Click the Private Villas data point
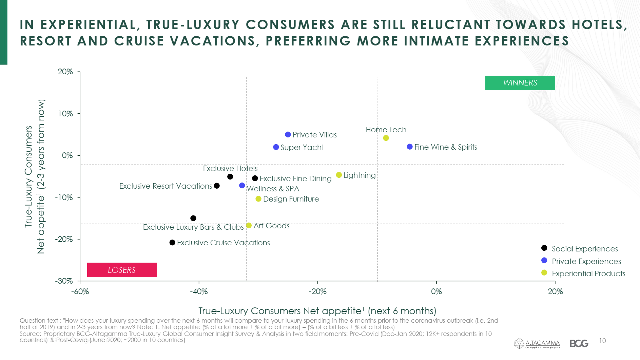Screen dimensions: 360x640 pyautogui.click(x=288, y=135)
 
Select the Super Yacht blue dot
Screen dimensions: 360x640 pyautogui.click(x=276, y=147)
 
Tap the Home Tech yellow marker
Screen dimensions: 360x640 pyautogui.click(x=386, y=138)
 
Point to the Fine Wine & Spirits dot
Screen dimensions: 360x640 pyautogui.click(x=410, y=147)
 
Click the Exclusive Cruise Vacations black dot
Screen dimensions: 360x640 pyautogui.click(x=172, y=243)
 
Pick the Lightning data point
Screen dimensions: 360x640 pyautogui.click(x=339, y=175)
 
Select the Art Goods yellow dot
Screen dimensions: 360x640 pyautogui.click(x=249, y=226)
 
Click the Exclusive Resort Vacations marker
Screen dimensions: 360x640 pyautogui.click(x=217, y=186)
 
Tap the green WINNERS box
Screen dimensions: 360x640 pyautogui.click(x=520, y=83)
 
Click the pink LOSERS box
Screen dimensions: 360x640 pyautogui.click(x=122, y=270)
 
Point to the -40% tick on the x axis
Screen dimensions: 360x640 pyautogui.click(x=199, y=291)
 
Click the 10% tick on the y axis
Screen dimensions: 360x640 pyautogui.click(x=65, y=114)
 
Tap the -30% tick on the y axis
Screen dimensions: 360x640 pyautogui.click(x=64, y=281)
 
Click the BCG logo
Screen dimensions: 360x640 pyautogui.click(x=579, y=343)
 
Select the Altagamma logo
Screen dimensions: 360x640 pyautogui.click(x=537, y=343)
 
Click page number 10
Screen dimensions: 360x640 pyautogui.click(x=602, y=341)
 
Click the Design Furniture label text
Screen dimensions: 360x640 pyautogui.click(x=291, y=199)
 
